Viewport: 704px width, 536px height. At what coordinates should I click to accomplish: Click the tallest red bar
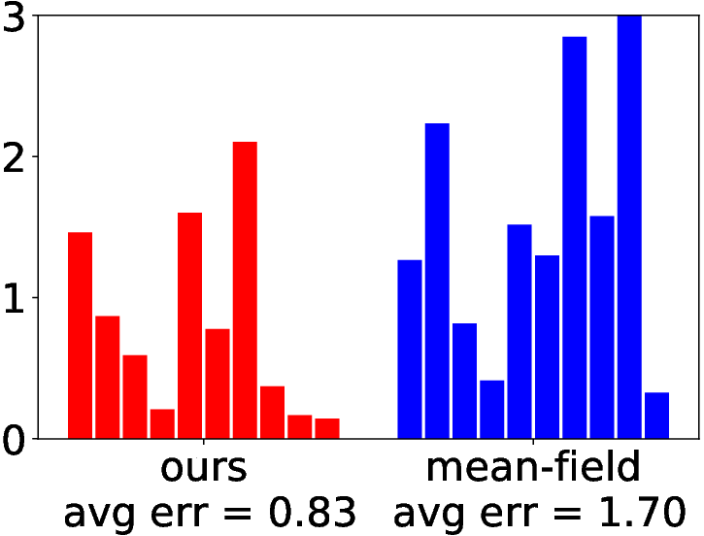tap(245, 290)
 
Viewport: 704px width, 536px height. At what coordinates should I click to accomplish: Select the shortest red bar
tap(327, 428)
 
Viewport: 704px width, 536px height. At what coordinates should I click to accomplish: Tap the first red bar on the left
tap(80, 335)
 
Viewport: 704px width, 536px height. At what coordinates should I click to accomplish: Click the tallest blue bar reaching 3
tap(629, 226)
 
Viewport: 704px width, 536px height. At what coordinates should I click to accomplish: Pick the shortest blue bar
tap(656, 416)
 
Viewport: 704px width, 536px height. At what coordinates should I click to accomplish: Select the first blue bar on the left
tap(410, 350)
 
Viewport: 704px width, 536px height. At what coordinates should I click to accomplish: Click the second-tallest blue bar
tap(574, 238)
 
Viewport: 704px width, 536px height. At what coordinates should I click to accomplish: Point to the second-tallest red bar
tap(190, 325)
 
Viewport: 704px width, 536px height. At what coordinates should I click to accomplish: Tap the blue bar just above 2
tap(437, 281)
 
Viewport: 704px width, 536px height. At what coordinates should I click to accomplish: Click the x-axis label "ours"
tap(203, 468)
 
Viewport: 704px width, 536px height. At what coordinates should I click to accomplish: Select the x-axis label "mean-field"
tap(533, 466)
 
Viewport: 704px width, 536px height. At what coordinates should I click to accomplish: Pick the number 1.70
tap(643, 512)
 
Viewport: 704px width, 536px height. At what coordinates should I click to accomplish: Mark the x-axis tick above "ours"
tap(204, 441)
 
